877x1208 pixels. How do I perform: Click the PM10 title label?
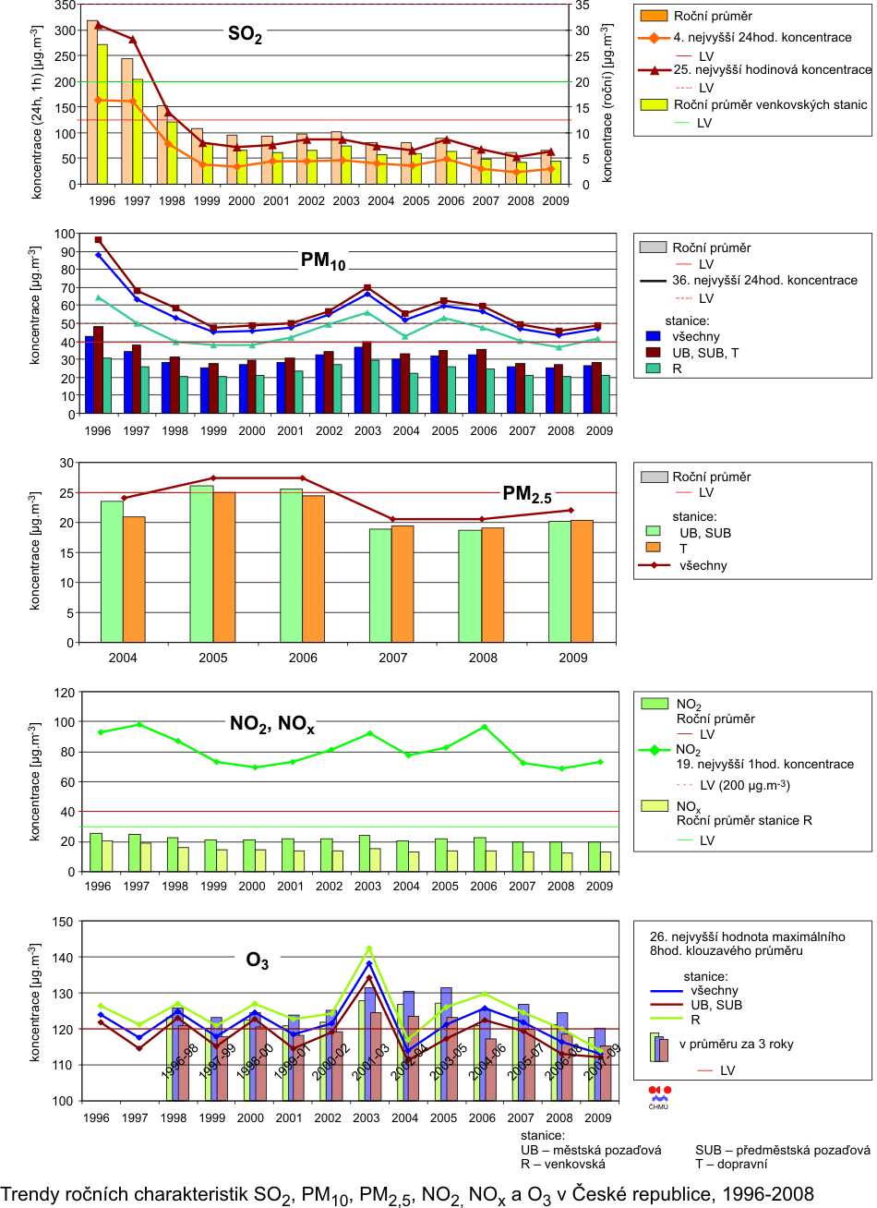coord(323,261)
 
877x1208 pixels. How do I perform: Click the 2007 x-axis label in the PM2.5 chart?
coord(391,658)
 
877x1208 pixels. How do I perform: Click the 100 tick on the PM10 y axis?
coord(66,234)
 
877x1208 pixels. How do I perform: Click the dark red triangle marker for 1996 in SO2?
coord(98,25)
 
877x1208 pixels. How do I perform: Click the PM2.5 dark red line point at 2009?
coord(571,510)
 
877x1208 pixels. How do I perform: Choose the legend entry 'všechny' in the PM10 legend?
coord(696,337)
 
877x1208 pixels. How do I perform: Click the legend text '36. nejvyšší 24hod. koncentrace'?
coord(764,281)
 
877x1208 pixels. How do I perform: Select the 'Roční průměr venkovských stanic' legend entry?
coord(772,105)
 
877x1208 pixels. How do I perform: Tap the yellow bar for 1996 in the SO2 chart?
coord(103,114)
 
